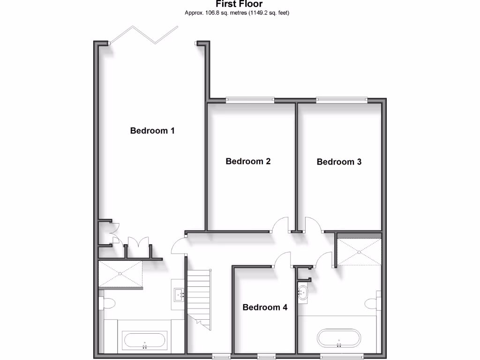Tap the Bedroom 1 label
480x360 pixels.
pos(152,131)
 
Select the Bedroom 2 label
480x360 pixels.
pos(248,161)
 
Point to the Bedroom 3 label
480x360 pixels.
pos(339,162)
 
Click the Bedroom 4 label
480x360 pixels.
pos(265,307)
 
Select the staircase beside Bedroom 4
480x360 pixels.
pos(199,295)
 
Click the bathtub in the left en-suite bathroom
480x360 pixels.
pos(144,341)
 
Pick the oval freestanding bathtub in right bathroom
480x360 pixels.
pos(339,337)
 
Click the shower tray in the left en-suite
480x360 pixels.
pos(120,273)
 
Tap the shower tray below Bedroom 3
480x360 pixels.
pos(359,252)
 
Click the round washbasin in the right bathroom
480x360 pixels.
pos(302,293)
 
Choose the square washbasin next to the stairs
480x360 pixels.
pos(179,294)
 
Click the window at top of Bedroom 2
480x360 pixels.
pos(249,99)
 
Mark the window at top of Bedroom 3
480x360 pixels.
pos(341,99)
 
